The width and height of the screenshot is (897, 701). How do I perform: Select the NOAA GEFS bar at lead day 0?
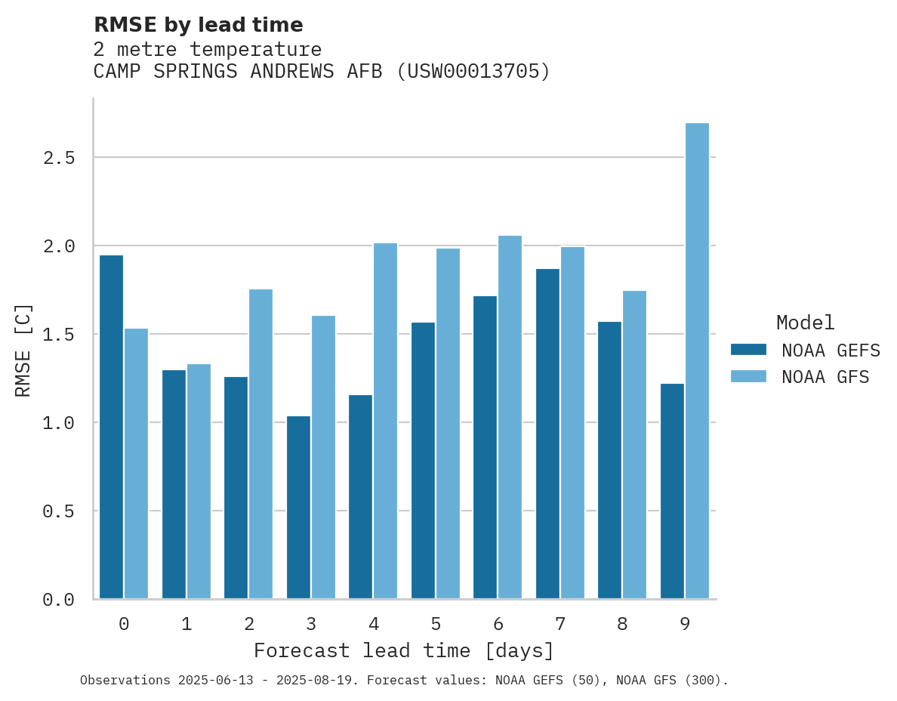(111, 427)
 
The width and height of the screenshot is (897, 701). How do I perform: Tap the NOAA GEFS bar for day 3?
(298, 507)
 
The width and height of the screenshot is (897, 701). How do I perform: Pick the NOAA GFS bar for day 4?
(385, 421)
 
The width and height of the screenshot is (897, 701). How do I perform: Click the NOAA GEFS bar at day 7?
(547, 434)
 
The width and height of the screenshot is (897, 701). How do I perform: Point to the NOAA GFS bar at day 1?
(199, 481)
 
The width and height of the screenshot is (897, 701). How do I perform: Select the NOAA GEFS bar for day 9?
(672, 491)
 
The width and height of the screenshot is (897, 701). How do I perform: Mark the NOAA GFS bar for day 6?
(510, 417)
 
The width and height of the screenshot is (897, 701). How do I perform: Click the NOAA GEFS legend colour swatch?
(748, 350)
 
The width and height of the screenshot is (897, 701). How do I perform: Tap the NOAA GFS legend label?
(825, 377)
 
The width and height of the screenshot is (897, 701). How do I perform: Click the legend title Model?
(805, 323)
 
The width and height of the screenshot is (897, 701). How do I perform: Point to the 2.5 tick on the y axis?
(58, 158)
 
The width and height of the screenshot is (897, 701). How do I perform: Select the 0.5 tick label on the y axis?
(58, 511)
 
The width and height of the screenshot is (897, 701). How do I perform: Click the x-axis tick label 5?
(436, 624)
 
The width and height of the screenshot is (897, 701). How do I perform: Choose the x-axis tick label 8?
(622, 624)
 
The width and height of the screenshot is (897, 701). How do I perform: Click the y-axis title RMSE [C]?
(23, 350)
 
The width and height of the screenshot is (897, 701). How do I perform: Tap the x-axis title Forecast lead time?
(404, 650)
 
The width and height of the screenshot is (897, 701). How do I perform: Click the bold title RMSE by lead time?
(198, 25)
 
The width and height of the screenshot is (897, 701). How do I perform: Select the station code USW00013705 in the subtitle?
(473, 72)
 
